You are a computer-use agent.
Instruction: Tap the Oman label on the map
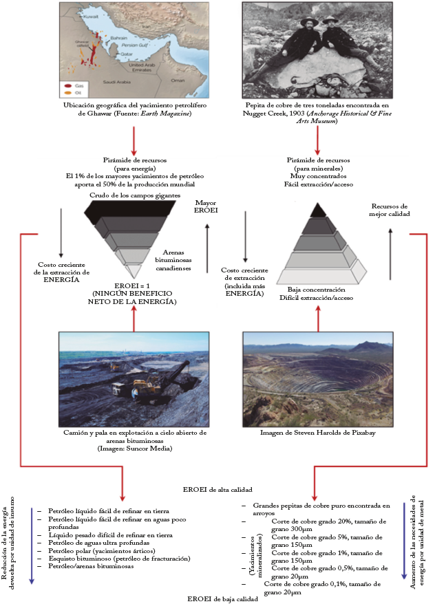pos(178,79)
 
